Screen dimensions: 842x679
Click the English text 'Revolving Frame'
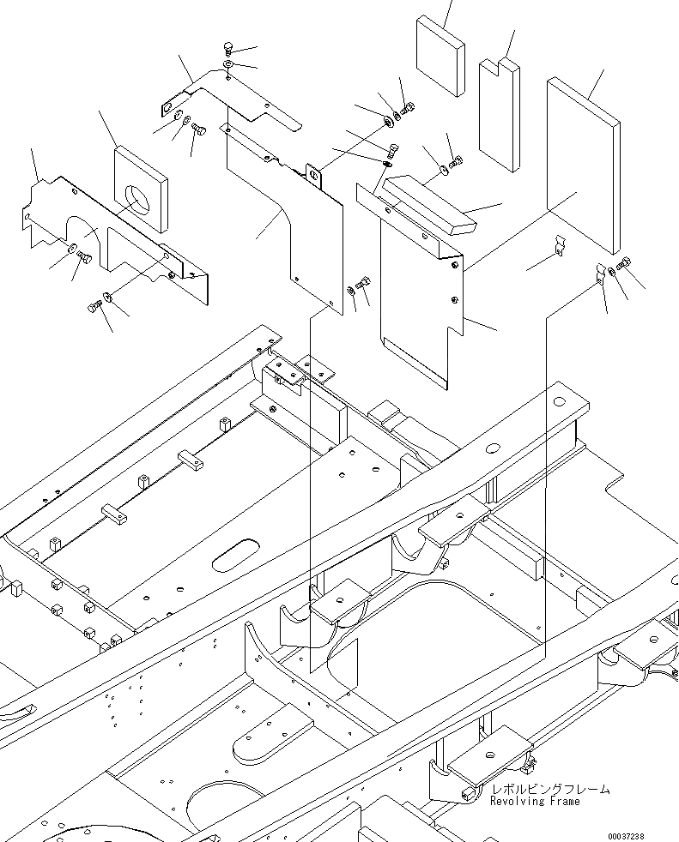535,802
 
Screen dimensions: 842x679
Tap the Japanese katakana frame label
550,789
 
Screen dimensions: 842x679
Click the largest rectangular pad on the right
583,163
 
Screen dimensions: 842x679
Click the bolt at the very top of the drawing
227,48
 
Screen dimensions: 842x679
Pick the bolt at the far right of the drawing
624,261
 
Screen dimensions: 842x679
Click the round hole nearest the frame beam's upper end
559,401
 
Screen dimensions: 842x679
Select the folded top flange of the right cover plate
403,219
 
